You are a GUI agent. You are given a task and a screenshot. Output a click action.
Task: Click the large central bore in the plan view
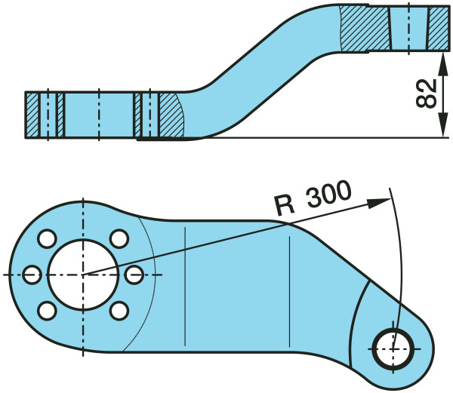point(83,273)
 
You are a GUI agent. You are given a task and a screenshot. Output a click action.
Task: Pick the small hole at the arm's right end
point(393,348)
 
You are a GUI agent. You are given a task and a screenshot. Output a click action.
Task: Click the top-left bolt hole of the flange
point(47,238)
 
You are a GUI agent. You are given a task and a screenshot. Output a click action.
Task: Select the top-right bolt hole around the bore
point(119,238)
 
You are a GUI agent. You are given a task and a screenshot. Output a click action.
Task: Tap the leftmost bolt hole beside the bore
point(30,274)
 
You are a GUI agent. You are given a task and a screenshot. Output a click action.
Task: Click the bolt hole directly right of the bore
point(134,273)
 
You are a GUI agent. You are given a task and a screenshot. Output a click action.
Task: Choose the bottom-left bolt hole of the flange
point(47,309)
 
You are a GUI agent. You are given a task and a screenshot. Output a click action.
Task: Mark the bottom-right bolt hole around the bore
point(119,309)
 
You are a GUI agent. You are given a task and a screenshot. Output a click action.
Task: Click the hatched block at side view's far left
point(34,115)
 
